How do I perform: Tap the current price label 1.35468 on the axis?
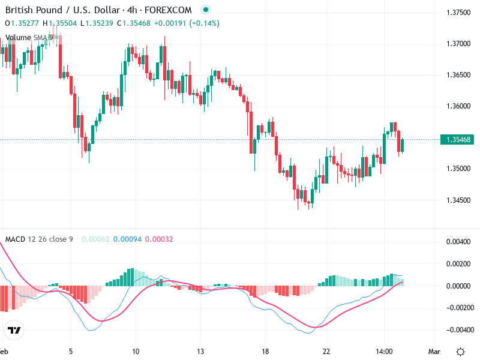(x=458, y=140)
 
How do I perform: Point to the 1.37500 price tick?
(x=458, y=13)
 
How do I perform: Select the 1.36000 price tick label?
(x=458, y=106)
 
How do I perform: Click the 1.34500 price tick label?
(x=458, y=200)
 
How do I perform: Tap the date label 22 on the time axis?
(x=326, y=351)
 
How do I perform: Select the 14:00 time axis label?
(x=384, y=351)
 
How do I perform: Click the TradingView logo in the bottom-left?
(x=14, y=331)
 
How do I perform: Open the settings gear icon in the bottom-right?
(x=460, y=351)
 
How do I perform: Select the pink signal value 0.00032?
(x=160, y=239)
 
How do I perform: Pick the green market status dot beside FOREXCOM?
(x=206, y=10)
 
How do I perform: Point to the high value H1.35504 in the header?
(x=60, y=23)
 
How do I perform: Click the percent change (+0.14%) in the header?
(x=205, y=23)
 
